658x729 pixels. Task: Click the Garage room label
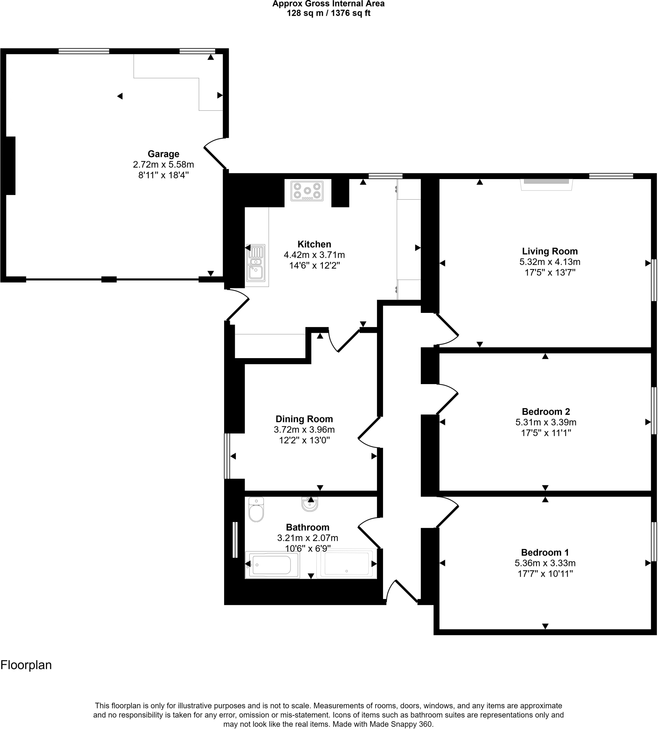[x=164, y=154]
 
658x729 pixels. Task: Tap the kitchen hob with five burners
[x=307, y=191]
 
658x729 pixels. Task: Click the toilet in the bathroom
[x=257, y=510]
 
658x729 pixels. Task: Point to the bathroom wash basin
[x=310, y=504]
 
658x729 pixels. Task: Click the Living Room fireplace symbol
[x=546, y=184]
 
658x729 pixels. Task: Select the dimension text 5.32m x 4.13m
[x=550, y=262]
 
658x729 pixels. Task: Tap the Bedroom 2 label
[x=546, y=411]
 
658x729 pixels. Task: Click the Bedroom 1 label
[x=545, y=552]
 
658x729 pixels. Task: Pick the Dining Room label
[x=304, y=419]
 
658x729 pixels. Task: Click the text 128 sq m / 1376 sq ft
[x=328, y=14]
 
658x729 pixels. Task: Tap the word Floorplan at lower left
[x=26, y=665]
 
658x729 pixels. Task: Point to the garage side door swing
[x=216, y=153]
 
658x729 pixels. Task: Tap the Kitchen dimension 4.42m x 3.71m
[x=314, y=255]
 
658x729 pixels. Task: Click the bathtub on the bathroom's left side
[x=272, y=565]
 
